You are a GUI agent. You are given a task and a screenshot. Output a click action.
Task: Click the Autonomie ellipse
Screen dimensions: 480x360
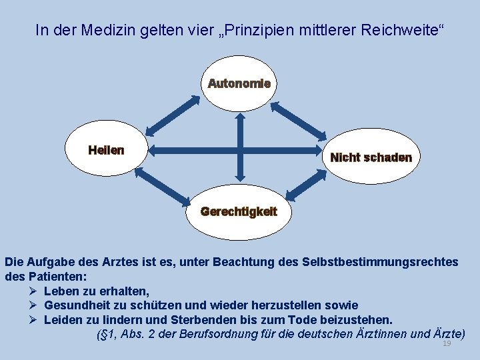point(239,84)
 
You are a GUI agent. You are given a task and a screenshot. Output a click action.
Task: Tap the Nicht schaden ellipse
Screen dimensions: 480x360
point(371,157)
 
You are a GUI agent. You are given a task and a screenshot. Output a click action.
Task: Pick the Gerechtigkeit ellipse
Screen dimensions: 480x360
point(239,212)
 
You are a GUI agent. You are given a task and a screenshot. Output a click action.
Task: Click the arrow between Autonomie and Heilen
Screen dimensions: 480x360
point(173,115)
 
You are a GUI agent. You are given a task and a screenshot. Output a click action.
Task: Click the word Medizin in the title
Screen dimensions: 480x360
point(105,30)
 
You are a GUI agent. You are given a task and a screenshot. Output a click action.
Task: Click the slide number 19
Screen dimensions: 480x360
point(447,343)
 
